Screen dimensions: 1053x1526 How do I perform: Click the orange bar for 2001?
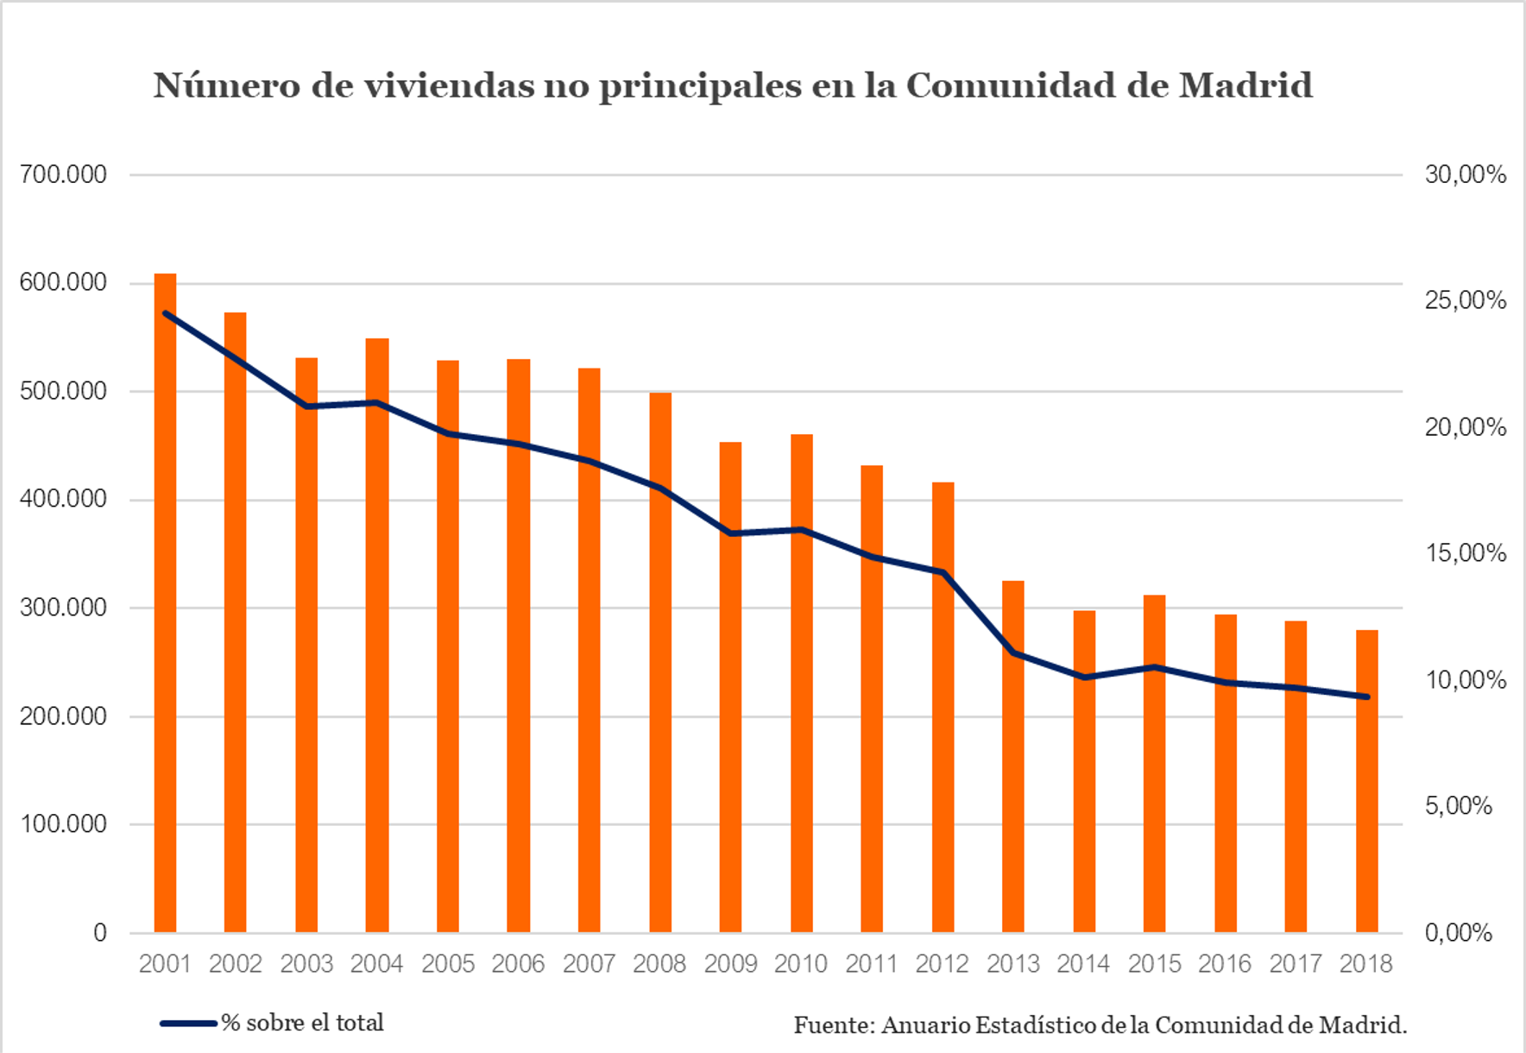pyautogui.click(x=165, y=604)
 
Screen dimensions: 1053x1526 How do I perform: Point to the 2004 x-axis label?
pyautogui.click(x=377, y=963)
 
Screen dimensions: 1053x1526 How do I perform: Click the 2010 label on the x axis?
pyautogui.click(x=801, y=963)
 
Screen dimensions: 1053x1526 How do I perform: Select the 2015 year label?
pyautogui.click(x=1155, y=963)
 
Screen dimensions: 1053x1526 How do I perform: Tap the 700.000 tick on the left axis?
pyautogui.click(x=63, y=174)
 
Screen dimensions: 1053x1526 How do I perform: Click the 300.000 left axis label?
pyautogui.click(x=63, y=608)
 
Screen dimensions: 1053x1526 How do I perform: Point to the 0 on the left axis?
pyautogui.click(x=100, y=933)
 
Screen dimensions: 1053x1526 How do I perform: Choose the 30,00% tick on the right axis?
pyautogui.click(x=1466, y=174)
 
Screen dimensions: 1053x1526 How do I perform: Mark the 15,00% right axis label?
pyautogui.click(x=1466, y=553)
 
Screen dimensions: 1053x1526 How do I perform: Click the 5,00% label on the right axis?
pyautogui.click(x=1459, y=806)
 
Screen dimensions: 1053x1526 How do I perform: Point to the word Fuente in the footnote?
pyautogui.click(x=834, y=1025)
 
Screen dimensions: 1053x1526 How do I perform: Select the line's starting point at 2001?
pyautogui.click(x=165, y=313)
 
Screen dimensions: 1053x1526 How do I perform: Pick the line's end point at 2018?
pyautogui.click(x=1367, y=697)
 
